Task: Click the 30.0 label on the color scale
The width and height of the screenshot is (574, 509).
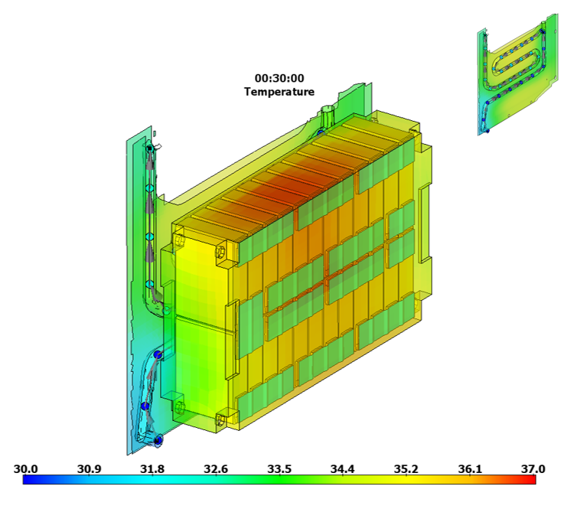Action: (25, 468)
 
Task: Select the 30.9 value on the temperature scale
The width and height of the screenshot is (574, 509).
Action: (89, 468)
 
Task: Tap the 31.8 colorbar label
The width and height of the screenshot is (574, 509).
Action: (152, 468)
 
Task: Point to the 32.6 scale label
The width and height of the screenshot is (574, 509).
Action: (216, 468)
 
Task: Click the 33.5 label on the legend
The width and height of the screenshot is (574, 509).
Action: (279, 468)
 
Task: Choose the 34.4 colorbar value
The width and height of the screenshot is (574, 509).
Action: (343, 468)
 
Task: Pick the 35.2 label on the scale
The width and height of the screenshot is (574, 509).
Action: (406, 468)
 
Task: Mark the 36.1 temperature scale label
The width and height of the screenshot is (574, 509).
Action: (470, 468)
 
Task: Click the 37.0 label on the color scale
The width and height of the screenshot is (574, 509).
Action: (533, 468)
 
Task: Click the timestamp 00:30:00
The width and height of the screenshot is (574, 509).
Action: (279, 78)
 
